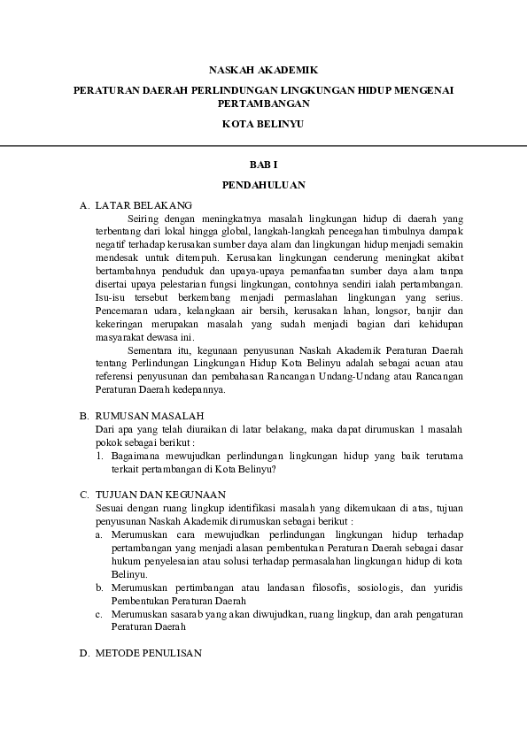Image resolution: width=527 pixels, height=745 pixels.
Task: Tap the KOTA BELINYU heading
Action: coord(262,125)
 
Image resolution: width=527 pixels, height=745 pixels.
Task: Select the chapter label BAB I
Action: coord(263,165)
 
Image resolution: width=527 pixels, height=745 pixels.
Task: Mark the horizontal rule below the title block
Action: coord(263,145)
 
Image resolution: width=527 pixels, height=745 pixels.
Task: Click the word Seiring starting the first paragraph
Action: coord(144,217)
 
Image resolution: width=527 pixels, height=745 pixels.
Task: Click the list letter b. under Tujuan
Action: coord(99,588)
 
